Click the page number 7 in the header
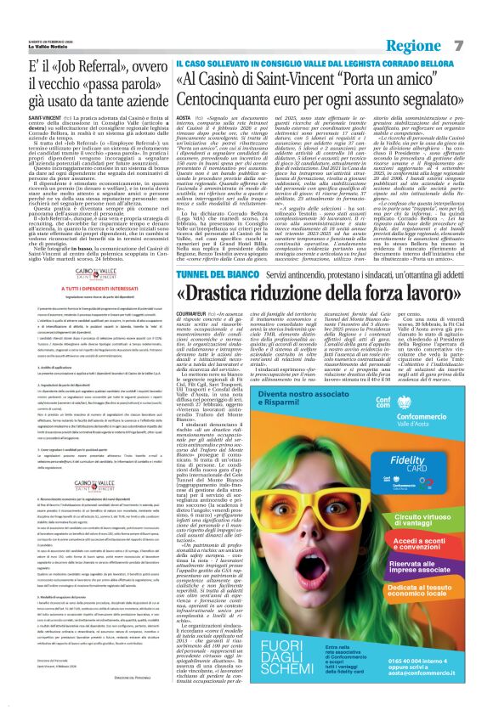point(481,20)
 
